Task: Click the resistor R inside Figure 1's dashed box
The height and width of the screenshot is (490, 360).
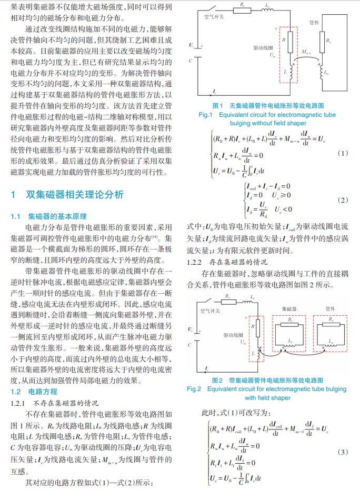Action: pyautogui.click(x=284, y=40)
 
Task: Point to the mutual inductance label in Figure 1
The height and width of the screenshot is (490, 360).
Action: pyautogui.click(x=305, y=53)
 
